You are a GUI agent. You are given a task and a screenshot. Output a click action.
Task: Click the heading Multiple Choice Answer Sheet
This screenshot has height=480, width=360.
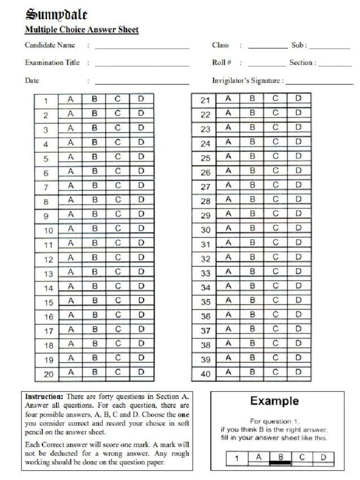(82, 30)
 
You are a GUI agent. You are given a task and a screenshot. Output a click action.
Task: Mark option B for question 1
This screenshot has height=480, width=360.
(94, 99)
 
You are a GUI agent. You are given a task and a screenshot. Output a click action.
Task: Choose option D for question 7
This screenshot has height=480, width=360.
(141, 186)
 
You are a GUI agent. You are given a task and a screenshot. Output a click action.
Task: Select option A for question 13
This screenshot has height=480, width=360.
(71, 272)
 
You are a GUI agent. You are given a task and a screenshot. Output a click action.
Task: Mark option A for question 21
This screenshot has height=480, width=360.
(228, 98)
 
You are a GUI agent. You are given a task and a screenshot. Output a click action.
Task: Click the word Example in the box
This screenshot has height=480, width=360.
(274, 401)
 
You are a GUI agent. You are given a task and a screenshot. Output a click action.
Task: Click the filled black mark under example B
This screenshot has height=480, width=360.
(280, 463)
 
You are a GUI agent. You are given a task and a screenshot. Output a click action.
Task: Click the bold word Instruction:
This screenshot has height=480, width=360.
(41, 397)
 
